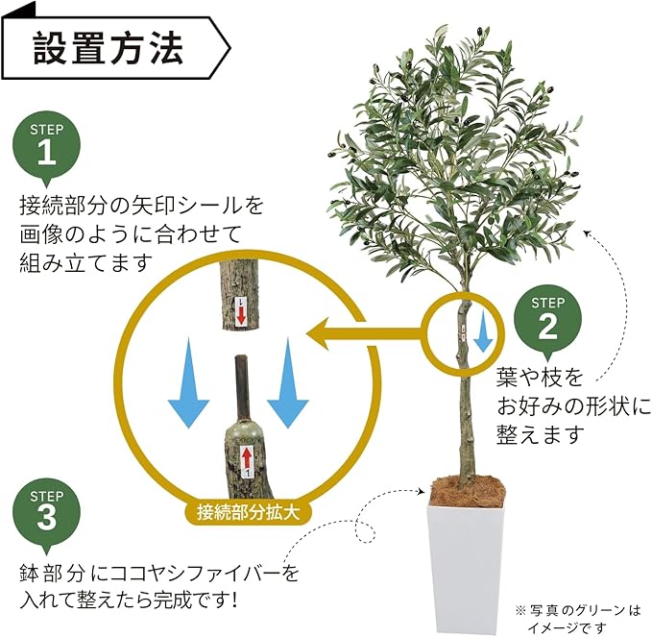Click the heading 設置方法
(108, 47)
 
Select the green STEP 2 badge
(547, 320)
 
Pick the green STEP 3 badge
(46, 513)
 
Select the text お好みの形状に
(573, 404)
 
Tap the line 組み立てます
(86, 262)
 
